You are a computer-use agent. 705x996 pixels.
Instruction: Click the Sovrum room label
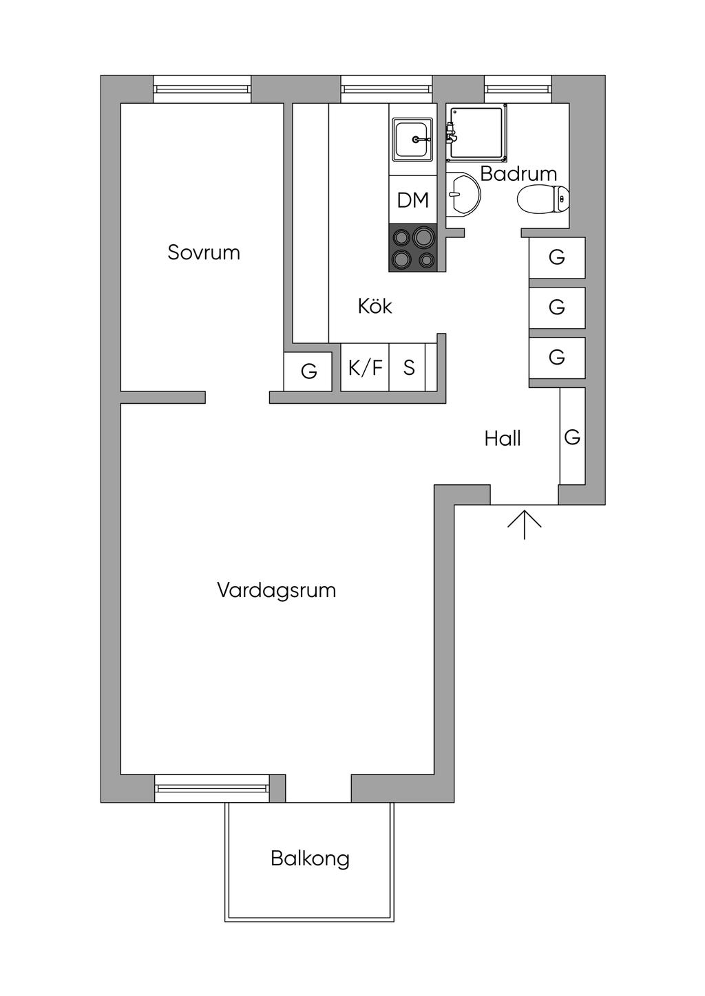tap(204, 252)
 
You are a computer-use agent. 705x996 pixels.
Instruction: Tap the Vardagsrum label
tap(276, 590)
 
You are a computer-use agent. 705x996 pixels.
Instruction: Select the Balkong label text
tap(310, 858)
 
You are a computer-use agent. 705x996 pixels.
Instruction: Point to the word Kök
tap(375, 306)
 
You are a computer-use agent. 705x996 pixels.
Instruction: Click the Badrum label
tap(518, 174)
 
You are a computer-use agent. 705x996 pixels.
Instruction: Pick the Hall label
tap(502, 439)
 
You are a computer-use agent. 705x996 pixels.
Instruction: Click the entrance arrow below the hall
tap(525, 524)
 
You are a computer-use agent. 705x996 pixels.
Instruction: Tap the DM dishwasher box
tap(413, 200)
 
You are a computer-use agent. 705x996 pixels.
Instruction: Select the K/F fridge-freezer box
tap(365, 368)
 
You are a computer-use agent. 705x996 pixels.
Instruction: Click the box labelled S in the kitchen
tap(408, 368)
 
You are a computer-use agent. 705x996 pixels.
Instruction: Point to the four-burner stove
tap(413, 248)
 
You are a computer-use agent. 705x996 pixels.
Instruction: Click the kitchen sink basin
tap(412, 139)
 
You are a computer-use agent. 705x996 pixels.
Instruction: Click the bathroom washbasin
tap(462, 194)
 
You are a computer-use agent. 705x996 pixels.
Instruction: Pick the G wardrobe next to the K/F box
tap(308, 371)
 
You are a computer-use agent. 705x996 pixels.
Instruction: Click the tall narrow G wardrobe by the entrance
tap(572, 437)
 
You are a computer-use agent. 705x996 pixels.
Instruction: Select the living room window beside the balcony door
tap(211, 788)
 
